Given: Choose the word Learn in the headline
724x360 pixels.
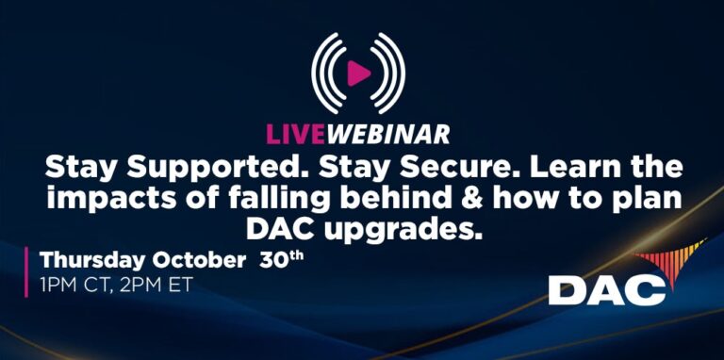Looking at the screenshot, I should (577, 170).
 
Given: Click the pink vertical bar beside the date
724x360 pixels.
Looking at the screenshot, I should (26, 270).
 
